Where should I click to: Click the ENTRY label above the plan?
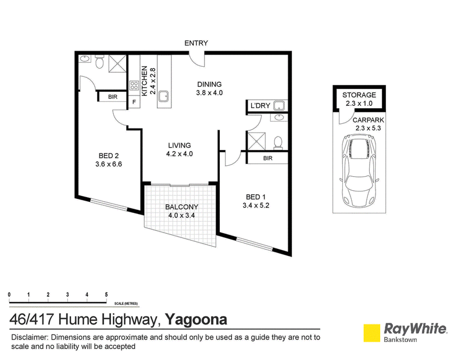[x=196, y=43]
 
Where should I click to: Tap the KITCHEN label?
[x=144, y=81]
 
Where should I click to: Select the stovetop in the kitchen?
[x=134, y=85]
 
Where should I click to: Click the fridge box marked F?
[x=134, y=102]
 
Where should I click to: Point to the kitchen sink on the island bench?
[x=163, y=96]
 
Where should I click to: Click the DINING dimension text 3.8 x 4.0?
[x=209, y=93]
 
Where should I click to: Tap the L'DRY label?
[x=260, y=106]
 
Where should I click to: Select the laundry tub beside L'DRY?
[x=279, y=106]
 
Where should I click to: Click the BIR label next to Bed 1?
[x=267, y=158]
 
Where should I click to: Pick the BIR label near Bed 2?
[x=113, y=97]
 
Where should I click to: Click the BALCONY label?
[x=181, y=207]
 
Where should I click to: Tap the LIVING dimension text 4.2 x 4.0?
[x=180, y=154]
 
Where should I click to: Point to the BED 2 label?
[x=109, y=156]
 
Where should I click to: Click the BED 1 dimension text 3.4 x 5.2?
[x=256, y=205]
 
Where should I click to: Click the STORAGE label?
[x=359, y=95]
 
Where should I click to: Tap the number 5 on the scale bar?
[x=106, y=295]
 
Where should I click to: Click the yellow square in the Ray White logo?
[x=372, y=333]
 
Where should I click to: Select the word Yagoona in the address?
[x=196, y=320]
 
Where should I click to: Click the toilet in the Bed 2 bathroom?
[x=99, y=62]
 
